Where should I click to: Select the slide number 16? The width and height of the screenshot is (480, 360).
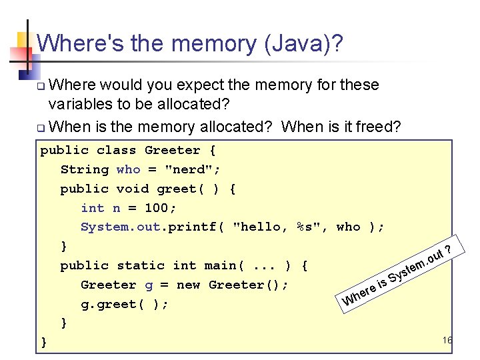point(447,341)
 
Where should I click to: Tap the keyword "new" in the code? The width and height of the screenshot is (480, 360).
point(188,285)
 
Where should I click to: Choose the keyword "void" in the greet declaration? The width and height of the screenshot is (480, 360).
point(132,189)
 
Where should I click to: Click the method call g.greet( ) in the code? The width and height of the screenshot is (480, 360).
point(124,304)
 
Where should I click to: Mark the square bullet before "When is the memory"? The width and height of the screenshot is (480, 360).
point(41,128)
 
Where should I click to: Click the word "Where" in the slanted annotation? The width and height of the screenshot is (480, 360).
point(359,297)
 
